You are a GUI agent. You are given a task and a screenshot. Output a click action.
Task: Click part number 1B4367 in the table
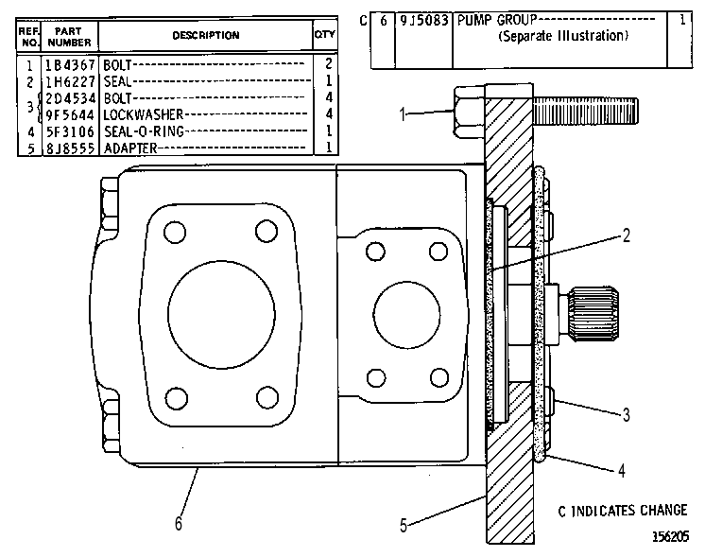tap(70, 65)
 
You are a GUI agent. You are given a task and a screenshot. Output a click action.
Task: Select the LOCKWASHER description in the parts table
tap(144, 114)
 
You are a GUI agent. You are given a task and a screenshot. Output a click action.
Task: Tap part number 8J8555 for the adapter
tap(70, 148)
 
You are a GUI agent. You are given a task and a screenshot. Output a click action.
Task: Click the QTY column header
tap(325, 35)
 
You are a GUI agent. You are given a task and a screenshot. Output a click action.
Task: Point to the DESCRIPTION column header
tap(206, 35)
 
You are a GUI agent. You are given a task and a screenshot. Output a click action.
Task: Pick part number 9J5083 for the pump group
tap(424, 20)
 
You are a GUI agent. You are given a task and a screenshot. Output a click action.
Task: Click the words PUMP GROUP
tap(497, 20)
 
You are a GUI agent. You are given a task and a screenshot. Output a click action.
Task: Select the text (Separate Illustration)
tap(563, 36)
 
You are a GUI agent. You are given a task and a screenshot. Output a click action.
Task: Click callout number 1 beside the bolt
tap(403, 114)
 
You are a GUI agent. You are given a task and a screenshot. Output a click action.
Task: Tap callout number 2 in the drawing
tap(627, 235)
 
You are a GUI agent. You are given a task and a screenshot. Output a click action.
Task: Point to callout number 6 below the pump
tap(179, 523)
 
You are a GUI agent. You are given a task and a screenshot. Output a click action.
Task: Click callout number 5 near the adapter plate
tap(404, 525)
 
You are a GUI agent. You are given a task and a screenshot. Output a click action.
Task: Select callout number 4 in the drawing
tap(622, 471)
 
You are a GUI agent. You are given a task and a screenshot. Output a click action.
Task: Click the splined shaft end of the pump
tap(593, 313)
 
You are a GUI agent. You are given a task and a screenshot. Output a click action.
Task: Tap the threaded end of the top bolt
tap(585, 112)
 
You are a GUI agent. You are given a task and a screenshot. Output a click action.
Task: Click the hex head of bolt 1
tap(470, 112)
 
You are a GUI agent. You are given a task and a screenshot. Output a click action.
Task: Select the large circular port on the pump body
tap(221, 315)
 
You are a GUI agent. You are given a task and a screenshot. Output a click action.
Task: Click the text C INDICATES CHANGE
tap(623, 511)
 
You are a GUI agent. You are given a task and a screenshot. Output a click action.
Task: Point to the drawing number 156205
tap(670, 536)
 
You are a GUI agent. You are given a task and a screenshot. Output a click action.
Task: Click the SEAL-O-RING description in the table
tap(144, 131)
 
